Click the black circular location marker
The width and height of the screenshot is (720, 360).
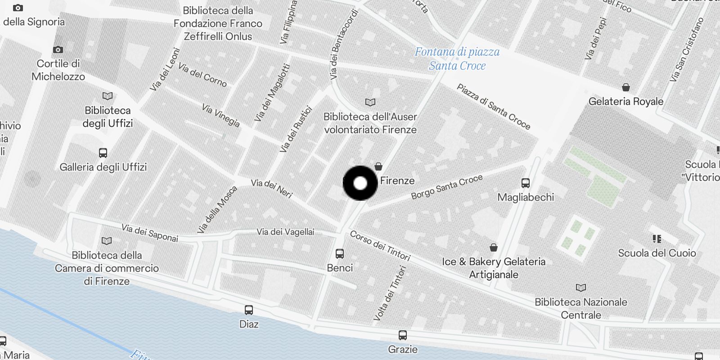pos(360,183)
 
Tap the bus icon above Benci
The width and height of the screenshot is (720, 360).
pos(340,254)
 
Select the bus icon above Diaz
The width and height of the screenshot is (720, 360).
pos(249,310)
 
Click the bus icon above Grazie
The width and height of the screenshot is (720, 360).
pos(403,335)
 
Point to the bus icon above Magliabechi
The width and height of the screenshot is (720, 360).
pos(526,183)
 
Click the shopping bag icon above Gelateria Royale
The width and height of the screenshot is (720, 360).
pos(626,87)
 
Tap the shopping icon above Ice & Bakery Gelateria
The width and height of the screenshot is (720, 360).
pos(494,247)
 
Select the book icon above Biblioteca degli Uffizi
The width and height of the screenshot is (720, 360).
pos(108,96)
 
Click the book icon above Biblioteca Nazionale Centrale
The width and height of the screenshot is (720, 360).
pos(581,288)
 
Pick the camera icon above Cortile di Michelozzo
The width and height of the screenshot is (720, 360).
pos(58,50)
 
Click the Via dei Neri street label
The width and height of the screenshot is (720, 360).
pos(272,189)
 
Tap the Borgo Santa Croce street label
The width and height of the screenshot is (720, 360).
pos(447,186)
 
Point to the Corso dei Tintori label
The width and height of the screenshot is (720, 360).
pos(380,246)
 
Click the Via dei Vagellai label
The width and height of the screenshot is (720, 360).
pos(285,232)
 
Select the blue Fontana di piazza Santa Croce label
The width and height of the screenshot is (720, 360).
pos(457,59)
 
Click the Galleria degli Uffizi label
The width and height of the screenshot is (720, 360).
pos(103,167)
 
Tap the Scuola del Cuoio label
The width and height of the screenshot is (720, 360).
pos(657,253)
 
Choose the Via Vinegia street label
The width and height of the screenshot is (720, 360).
pos(220,116)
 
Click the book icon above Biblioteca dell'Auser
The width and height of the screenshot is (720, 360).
pos(370,103)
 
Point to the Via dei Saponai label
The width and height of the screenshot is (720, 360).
pos(150,233)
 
